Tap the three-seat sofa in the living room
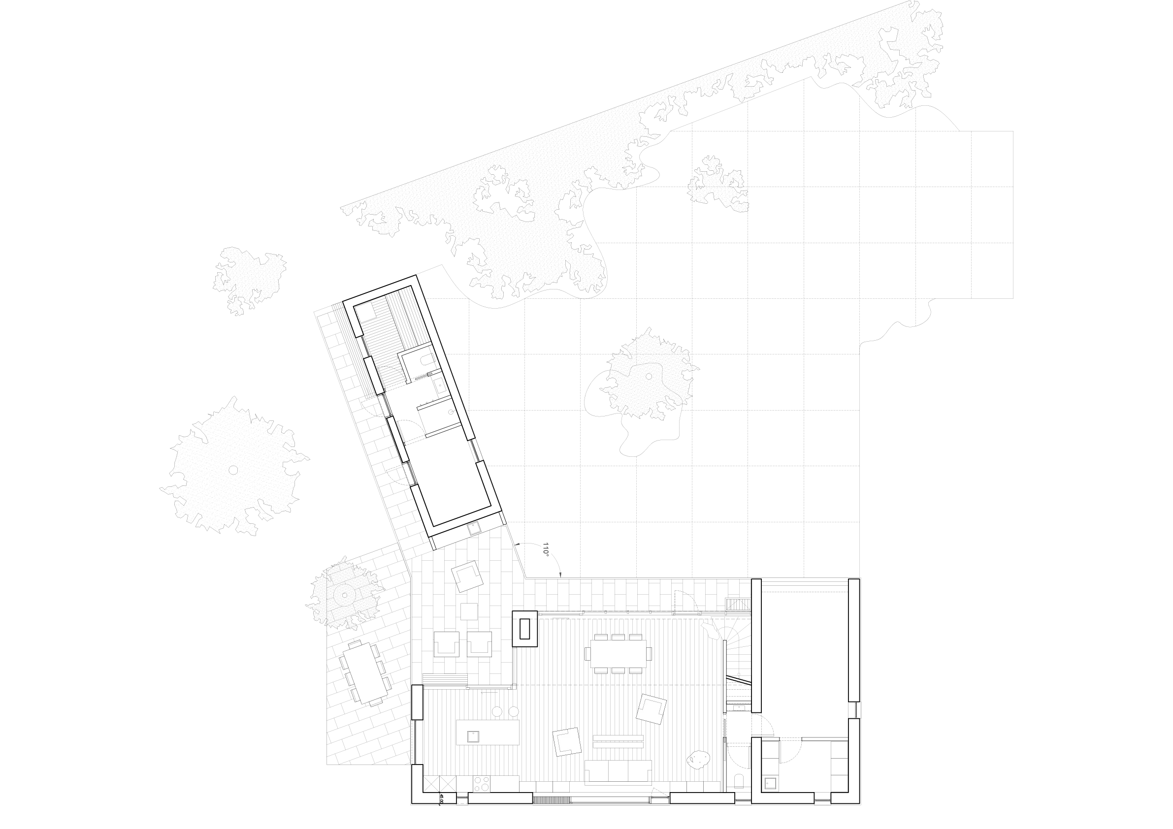tap(618, 772)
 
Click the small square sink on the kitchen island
tap(473, 736)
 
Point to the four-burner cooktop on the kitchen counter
tap(481, 784)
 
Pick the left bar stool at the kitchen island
tap(496, 711)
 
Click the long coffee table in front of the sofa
tap(618, 740)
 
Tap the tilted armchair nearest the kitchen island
tap(567, 742)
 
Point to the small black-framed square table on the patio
tap(468, 611)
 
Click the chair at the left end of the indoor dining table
tap(587, 653)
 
